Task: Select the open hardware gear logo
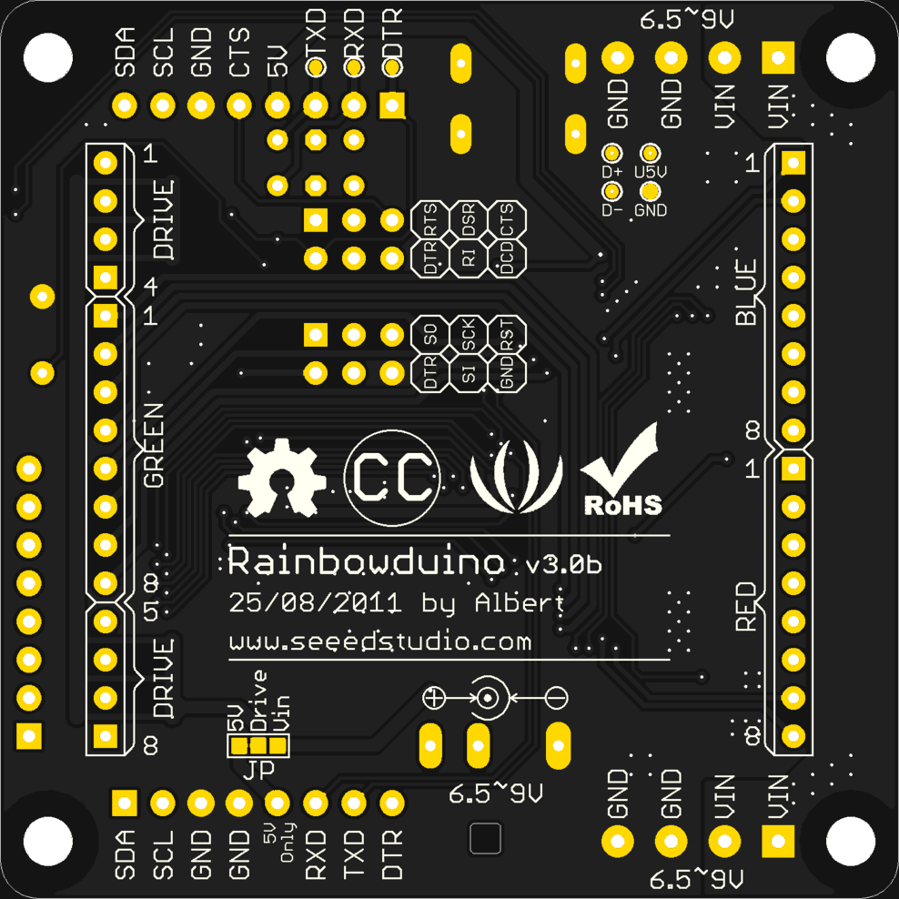coord(281,476)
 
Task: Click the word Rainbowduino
coord(366,561)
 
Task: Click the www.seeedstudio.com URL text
coord(380,641)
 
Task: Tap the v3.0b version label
coord(564,565)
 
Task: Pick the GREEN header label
coord(153,445)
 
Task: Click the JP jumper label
coord(258,770)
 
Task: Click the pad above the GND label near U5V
coord(650,191)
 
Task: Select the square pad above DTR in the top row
coord(392,106)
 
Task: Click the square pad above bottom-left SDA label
coord(124,803)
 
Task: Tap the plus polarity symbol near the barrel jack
coord(435,699)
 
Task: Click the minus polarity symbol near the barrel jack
coord(557,699)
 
